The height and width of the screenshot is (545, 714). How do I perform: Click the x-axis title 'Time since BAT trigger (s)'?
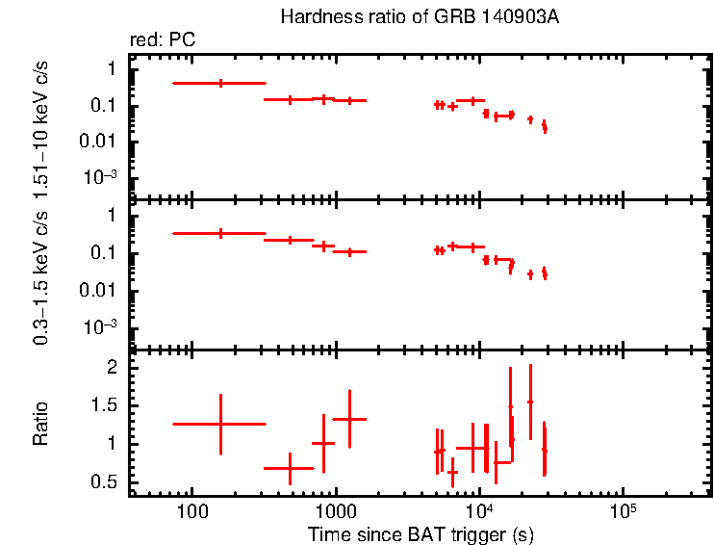421,533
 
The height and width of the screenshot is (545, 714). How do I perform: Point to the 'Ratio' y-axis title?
40,424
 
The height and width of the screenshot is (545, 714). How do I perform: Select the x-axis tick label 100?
192,508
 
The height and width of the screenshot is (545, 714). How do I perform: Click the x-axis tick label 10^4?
478,508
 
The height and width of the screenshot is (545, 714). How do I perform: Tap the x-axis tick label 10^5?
622,508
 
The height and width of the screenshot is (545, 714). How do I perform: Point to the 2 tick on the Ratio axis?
112,368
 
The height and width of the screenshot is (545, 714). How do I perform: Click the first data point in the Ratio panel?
220,424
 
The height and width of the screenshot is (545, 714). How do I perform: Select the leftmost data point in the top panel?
220,84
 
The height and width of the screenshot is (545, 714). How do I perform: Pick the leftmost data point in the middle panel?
220,233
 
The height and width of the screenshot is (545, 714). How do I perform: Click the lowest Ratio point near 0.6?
452,472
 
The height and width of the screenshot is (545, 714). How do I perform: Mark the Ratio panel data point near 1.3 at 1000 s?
349,419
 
